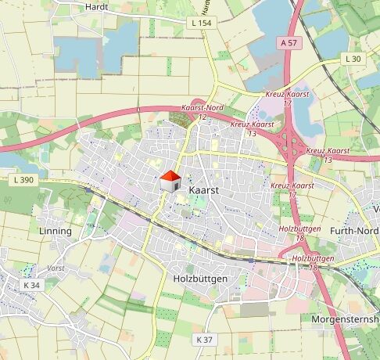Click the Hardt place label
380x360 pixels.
coord(95,6)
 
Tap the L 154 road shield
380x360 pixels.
coord(203,24)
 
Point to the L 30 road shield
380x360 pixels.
coord(353,59)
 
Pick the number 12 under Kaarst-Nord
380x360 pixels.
coord(202,117)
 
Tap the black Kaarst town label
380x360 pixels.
coord(203,190)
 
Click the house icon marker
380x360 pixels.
coord(170,182)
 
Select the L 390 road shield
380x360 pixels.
coord(24,180)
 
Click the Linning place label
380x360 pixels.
coord(56,232)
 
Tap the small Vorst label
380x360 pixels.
coord(56,267)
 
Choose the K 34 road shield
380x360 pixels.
coord(31,286)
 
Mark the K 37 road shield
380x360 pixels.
coord(204,339)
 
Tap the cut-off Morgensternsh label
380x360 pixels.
coord(345,320)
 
